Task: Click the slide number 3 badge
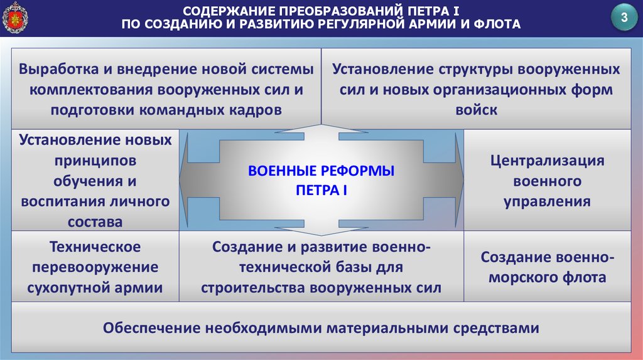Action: [624, 18]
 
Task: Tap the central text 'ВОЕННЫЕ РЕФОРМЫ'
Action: [321, 171]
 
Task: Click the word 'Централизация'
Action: [548, 160]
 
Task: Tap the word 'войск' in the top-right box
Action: [476, 110]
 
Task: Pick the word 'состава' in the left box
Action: [96, 221]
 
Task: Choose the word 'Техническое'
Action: [95, 246]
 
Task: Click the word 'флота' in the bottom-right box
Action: [585, 277]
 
